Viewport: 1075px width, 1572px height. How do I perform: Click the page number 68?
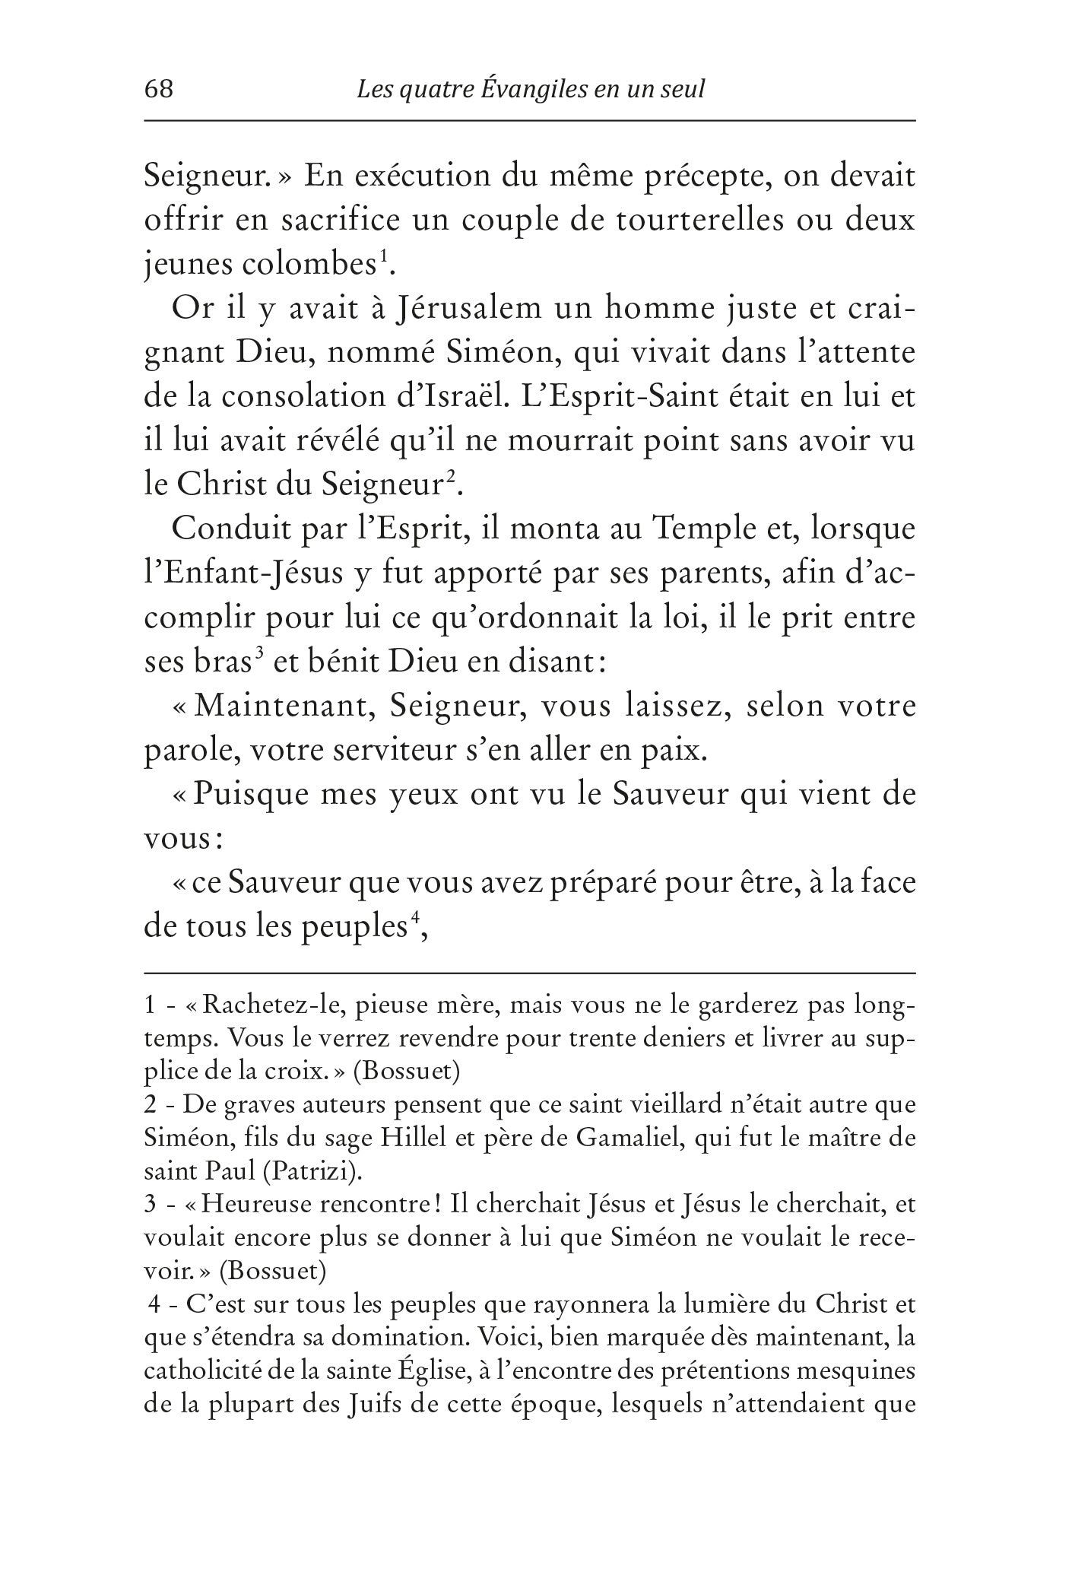(x=159, y=90)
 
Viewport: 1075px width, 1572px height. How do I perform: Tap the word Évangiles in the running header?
(x=524, y=90)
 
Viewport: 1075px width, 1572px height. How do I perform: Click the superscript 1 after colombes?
(x=384, y=256)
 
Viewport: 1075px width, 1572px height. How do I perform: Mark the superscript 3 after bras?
(x=259, y=653)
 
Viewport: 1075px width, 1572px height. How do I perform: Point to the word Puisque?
(x=245, y=795)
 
